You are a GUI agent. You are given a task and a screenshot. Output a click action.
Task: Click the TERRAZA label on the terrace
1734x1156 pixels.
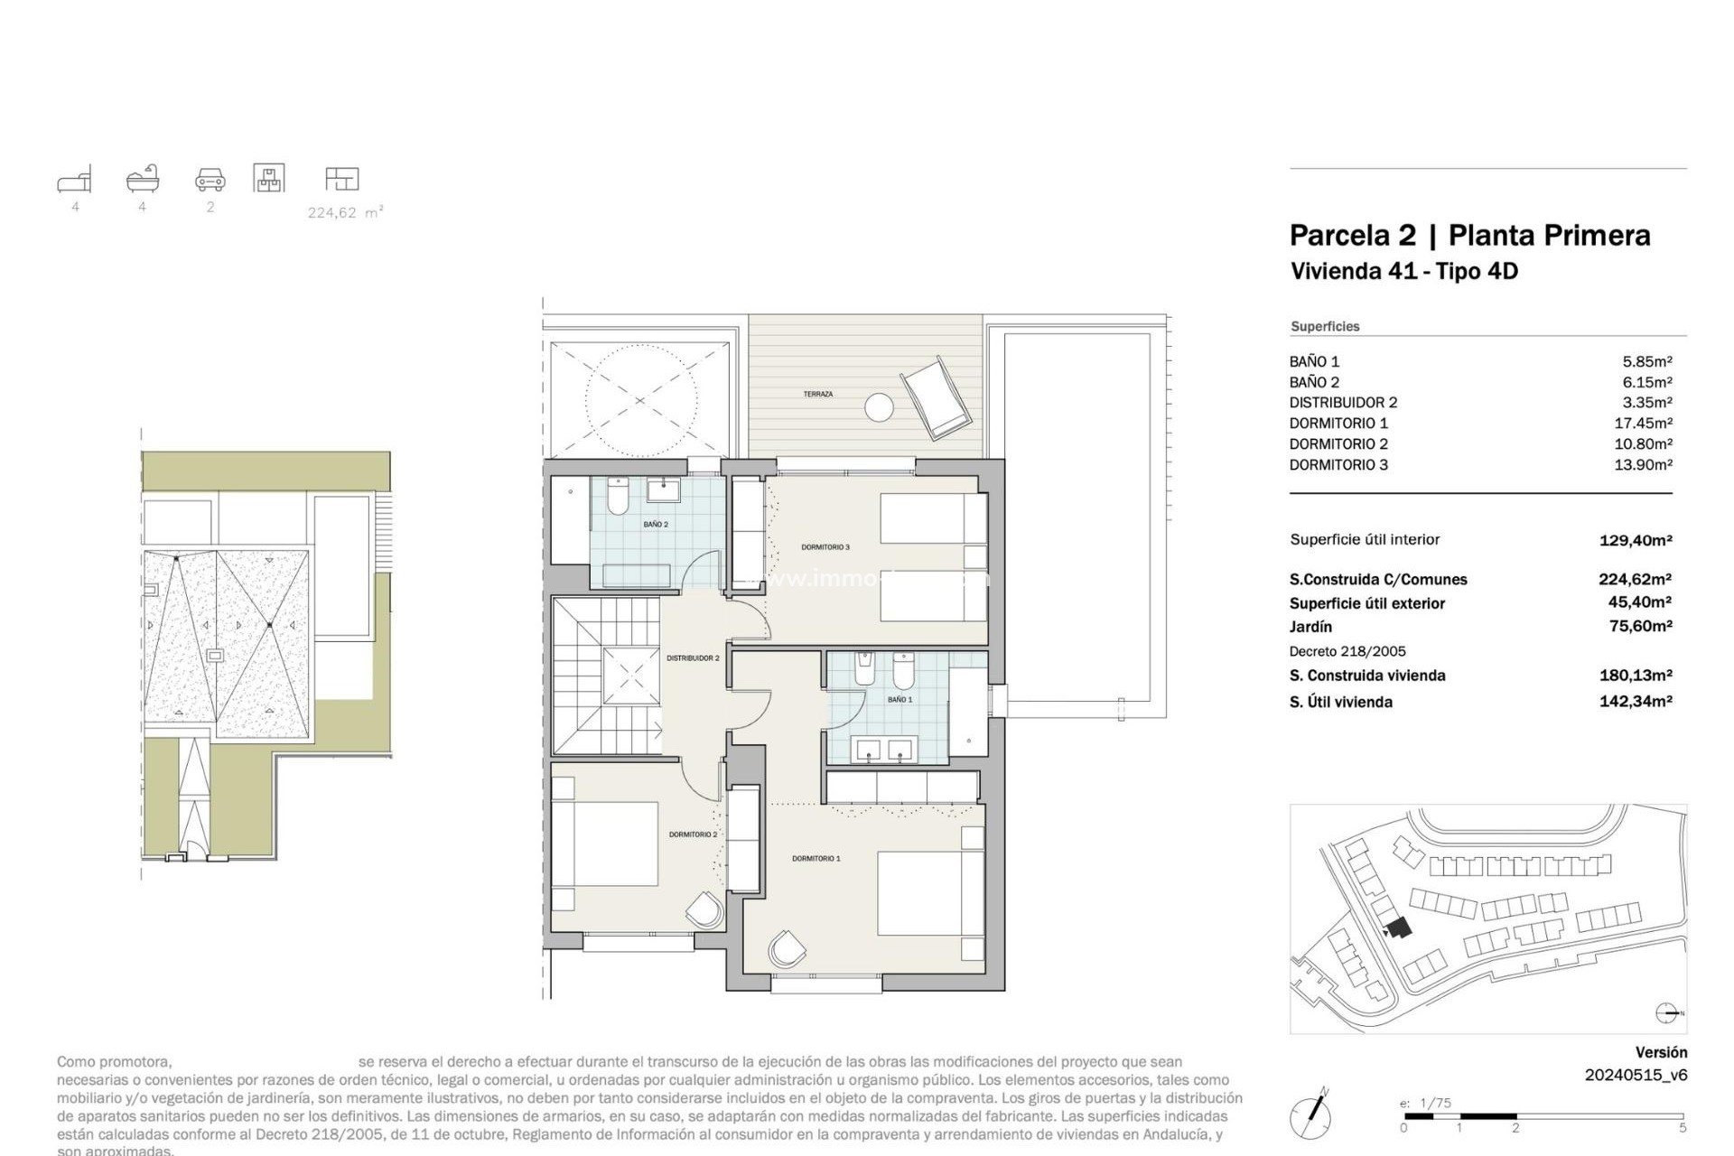817,395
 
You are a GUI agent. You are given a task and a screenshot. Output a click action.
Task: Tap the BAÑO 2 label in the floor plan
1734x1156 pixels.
656,525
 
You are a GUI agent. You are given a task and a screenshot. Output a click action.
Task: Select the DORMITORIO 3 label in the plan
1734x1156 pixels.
825,547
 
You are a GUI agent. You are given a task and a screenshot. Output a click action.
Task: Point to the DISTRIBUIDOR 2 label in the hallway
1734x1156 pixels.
693,658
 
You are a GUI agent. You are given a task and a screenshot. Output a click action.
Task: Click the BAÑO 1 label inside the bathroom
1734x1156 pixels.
900,700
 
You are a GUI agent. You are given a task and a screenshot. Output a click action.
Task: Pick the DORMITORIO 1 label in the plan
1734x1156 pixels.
816,859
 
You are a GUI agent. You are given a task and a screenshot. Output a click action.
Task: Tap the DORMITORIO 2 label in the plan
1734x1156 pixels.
693,834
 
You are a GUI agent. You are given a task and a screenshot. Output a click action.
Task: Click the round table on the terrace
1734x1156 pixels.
879,407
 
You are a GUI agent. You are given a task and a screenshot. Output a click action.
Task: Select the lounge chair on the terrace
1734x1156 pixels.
937,398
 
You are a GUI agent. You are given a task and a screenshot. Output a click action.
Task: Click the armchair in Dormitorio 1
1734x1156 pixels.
787,949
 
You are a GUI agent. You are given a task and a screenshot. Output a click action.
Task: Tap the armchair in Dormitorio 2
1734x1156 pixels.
705,909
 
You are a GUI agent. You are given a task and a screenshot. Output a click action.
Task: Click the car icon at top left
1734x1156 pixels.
210,179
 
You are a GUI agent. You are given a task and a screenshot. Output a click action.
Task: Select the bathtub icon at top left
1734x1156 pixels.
143,179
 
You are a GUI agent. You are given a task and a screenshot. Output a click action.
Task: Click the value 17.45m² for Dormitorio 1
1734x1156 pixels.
1646,424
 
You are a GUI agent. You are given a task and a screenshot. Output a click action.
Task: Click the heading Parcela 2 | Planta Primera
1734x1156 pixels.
1469,236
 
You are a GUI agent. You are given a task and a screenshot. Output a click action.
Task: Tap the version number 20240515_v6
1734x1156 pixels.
1636,1075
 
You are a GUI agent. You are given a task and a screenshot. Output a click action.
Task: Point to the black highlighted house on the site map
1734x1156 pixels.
1399,928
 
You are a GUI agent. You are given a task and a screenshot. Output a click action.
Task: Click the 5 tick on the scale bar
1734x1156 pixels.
1682,1128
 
